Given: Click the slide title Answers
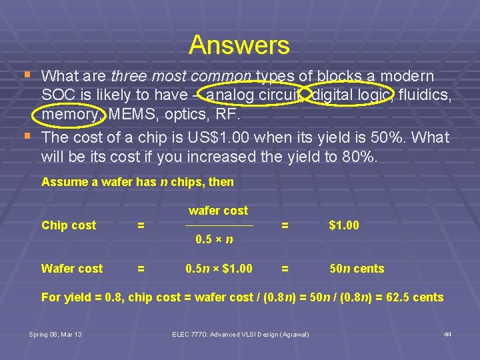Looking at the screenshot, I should tap(239, 45).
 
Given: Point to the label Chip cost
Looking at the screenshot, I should tap(69, 225).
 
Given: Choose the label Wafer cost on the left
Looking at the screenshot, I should tap(72, 269).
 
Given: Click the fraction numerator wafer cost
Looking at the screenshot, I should tap(218, 211).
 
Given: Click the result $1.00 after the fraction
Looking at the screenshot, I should tap(344, 225).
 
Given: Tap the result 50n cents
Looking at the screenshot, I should tap(357, 269).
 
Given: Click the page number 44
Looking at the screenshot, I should tap(447, 334).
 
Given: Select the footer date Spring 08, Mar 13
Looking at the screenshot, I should tap(55, 334).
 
